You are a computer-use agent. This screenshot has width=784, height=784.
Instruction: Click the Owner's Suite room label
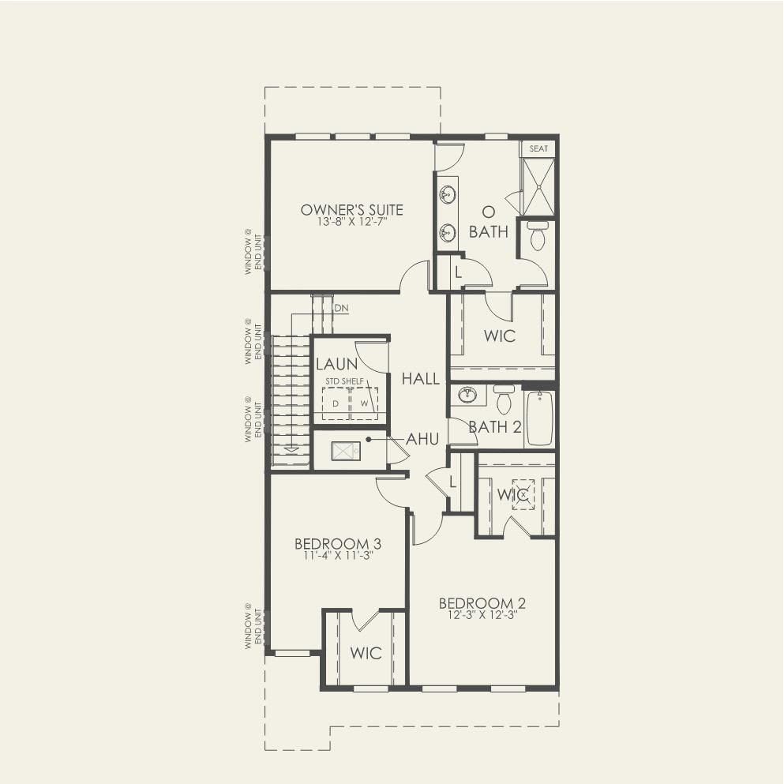tap(351, 209)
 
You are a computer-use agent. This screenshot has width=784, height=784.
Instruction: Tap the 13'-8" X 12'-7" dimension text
tap(352, 222)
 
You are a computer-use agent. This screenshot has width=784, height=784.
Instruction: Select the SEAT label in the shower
tap(538, 148)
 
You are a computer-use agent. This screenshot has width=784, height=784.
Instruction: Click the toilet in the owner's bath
tap(538, 235)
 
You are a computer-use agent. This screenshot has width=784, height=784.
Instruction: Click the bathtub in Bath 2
tap(539, 418)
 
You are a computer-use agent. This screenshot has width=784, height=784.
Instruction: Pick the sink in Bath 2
tap(467, 394)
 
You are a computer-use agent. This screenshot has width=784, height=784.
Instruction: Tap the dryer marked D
tap(336, 403)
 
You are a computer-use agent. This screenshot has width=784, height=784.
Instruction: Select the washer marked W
tap(364, 403)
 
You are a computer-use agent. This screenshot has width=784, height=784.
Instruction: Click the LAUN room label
tap(336, 364)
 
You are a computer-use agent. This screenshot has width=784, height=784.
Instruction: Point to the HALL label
tap(421, 379)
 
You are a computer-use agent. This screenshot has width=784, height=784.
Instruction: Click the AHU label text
tap(422, 439)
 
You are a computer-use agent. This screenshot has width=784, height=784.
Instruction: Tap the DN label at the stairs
tap(341, 308)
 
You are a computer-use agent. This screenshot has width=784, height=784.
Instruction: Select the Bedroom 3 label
tap(338, 543)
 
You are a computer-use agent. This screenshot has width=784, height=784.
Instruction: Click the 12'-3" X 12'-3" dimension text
tap(482, 616)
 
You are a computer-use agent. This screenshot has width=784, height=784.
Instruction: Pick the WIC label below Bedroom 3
tap(366, 653)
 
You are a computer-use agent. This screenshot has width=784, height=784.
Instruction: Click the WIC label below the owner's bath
tap(500, 336)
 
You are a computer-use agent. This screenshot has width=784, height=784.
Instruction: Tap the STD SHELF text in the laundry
tap(344, 381)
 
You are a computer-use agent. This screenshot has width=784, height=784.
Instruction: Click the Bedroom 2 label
tap(482, 603)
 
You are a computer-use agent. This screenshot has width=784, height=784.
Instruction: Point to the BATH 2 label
tap(495, 427)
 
